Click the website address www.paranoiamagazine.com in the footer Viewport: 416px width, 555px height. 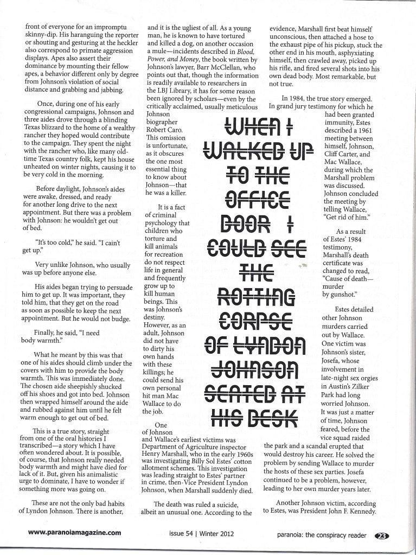click(74, 532)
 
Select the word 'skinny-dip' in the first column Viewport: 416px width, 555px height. click(42, 33)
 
